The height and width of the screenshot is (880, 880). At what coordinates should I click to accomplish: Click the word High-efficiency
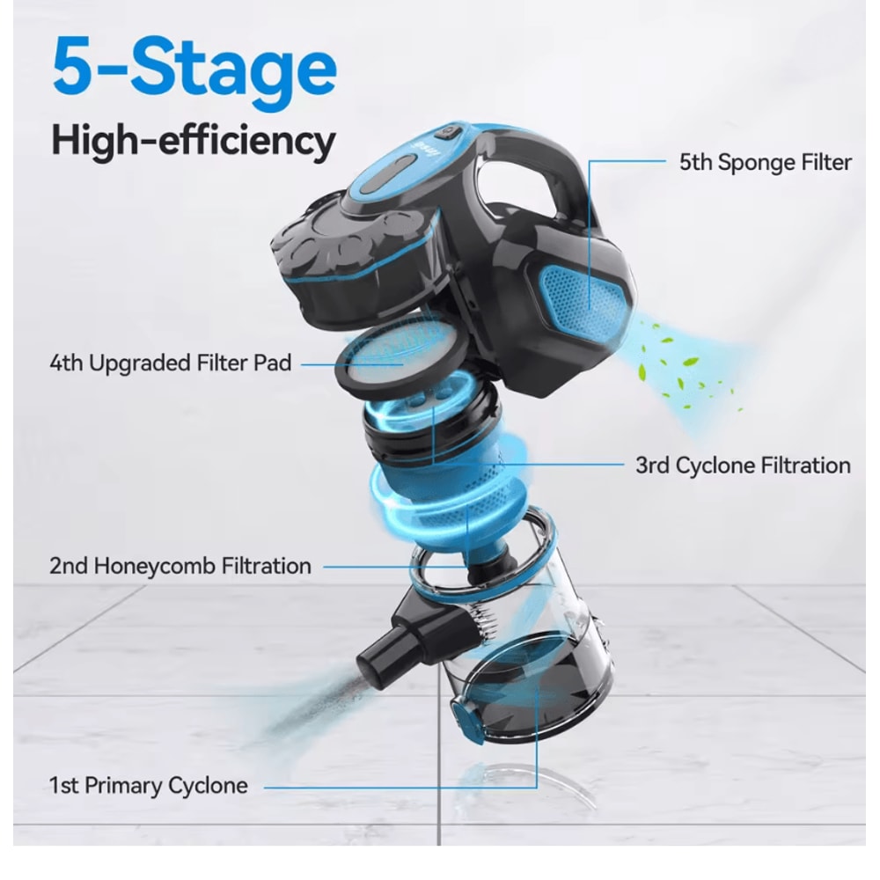(193, 141)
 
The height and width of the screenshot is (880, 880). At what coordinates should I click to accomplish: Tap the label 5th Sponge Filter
(765, 162)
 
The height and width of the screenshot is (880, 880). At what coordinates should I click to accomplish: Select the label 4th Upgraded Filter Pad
(170, 362)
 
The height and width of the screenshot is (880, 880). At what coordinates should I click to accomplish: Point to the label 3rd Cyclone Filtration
(743, 466)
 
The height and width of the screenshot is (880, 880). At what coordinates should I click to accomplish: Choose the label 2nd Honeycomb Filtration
(180, 565)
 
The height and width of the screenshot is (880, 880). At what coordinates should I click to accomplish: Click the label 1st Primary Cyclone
(148, 785)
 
